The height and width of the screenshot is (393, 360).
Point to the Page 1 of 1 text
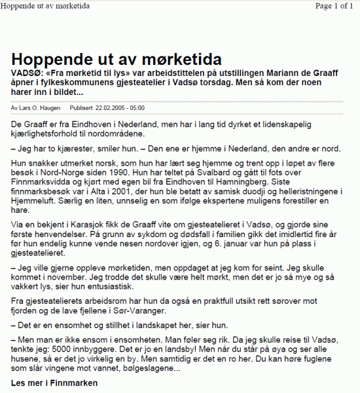coord(334,6)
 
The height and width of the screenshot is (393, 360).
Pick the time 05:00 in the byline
coord(137,107)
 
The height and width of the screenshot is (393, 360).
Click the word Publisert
coord(81,107)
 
